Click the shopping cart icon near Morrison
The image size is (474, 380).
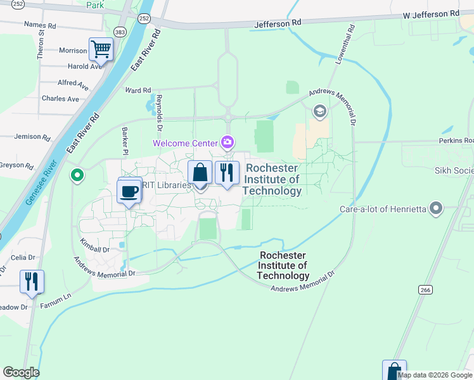pos(101,48)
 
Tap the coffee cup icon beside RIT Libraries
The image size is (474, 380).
pos(129,191)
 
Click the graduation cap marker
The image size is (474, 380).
pos(320,112)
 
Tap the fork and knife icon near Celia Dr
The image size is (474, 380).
pos(32,281)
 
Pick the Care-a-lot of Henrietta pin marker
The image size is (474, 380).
pos(435,208)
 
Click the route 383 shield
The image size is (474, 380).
pos(119,31)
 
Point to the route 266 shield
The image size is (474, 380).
pos(425,289)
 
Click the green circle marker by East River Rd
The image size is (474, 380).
pos(77,175)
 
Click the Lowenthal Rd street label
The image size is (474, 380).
pos(341,44)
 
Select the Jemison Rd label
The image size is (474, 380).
pos(32,137)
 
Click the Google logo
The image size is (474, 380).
pos(21,372)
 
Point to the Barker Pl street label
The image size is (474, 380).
pos(125,141)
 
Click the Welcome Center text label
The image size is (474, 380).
pos(184,142)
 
